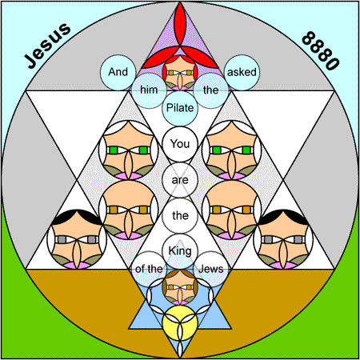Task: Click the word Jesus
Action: point(47,46)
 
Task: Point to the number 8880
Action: point(321,50)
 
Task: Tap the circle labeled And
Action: point(118,72)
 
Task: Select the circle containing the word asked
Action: point(242,72)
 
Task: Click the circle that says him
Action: point(149,90)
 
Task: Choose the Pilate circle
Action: point(180,108)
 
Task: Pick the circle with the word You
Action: point(180,144)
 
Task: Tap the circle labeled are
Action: point(180,180)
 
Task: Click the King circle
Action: point(180,251)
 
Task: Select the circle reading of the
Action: point(149,269)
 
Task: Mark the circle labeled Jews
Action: point(211,269)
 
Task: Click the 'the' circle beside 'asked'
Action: point(211,90)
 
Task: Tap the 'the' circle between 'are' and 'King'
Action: point(180,215)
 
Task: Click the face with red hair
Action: point(180,73)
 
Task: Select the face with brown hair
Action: point(180,287)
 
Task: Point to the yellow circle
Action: point(180,323)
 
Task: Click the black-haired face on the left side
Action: point(77,239)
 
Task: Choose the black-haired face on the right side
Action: point(283,239)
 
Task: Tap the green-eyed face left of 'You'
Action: point(129,150)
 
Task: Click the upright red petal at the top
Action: point(180,25)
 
